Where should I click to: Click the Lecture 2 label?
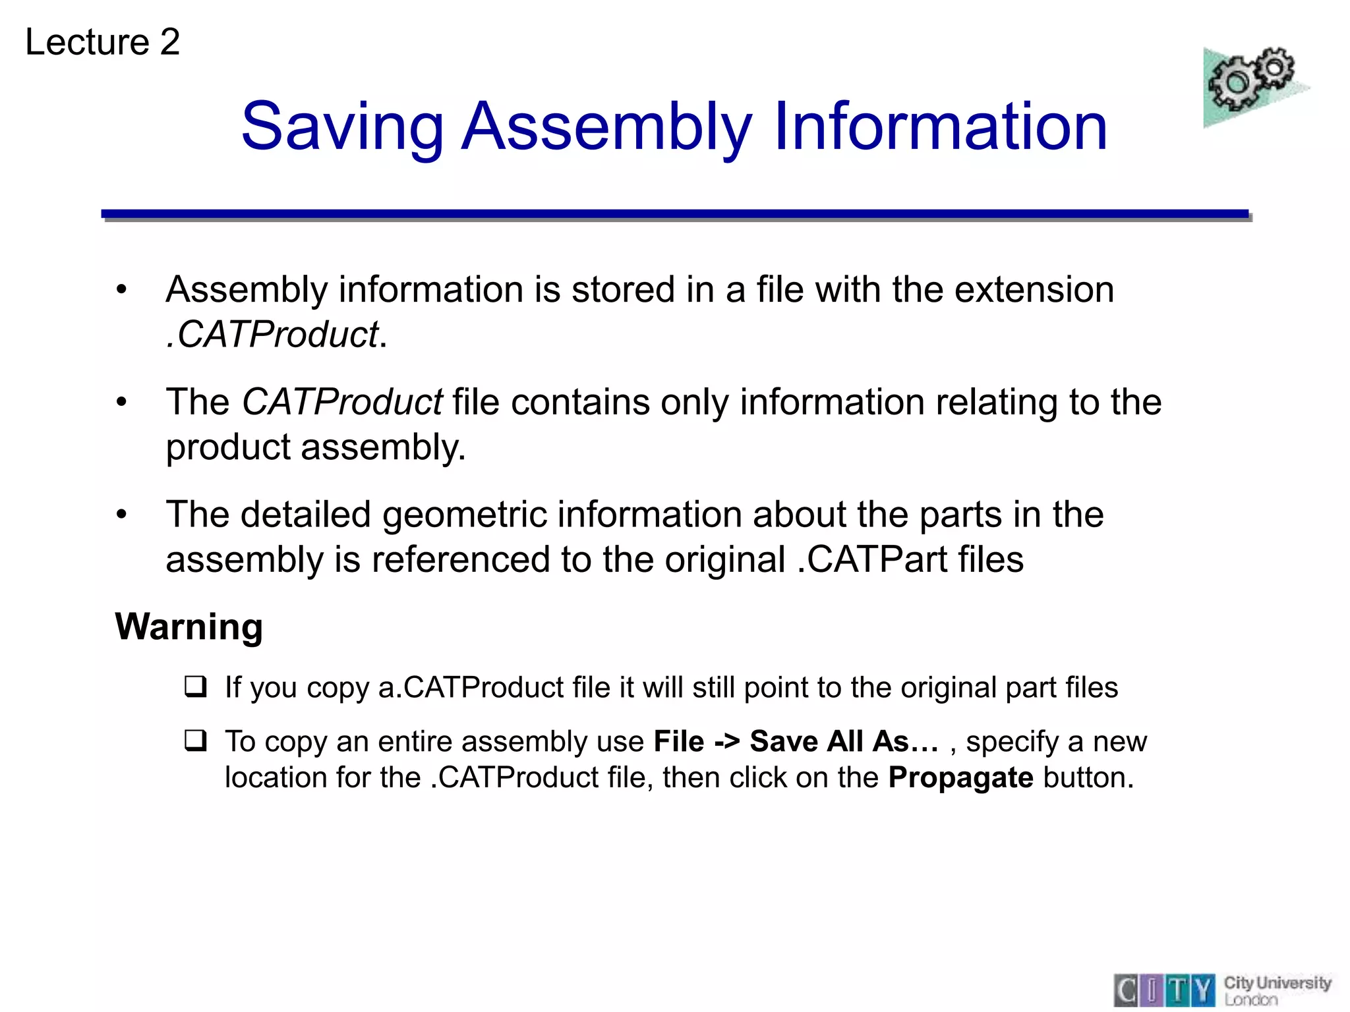102,42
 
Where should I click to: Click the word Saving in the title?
343,126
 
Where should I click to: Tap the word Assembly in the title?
606,126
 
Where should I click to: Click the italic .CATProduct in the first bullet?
273,334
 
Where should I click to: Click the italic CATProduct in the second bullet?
342,402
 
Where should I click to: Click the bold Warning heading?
189,627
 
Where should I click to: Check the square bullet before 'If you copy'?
196,687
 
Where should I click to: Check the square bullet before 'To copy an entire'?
196,741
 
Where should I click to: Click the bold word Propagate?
960,778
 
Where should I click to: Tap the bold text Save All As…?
844,742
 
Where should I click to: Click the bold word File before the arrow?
679,742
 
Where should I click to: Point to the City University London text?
1277,990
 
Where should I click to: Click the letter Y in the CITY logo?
1204,990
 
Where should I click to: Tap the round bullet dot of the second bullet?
121,403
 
